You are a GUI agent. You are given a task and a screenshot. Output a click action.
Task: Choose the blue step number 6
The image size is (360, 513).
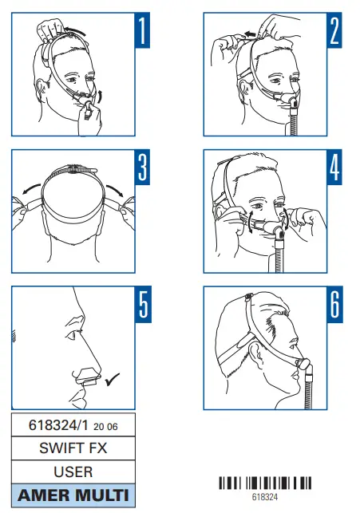tap(334, 305)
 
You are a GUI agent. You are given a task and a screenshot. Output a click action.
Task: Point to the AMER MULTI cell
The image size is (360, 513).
tap(73, 495)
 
